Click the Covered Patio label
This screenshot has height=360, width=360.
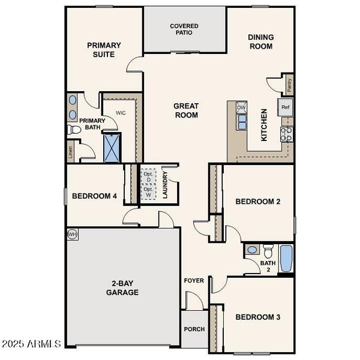click(x=184, y=29)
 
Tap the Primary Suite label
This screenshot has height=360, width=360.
click(x=104, y=49)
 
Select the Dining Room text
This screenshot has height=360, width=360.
click(x=260, y=41)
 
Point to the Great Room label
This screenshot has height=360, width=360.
click(x=186, y=110)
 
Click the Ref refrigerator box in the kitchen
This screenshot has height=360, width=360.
click(x=286, y=107)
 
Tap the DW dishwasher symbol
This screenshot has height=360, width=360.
click(x=241, y=108)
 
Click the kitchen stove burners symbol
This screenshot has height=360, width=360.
click(x=286, y=133)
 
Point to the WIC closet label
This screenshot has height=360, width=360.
click(x=120, y=112)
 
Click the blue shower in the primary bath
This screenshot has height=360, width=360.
click(x=112, y=148)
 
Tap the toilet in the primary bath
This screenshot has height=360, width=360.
click(x=74, y=130)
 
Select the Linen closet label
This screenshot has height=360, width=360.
click(x=71, y=153)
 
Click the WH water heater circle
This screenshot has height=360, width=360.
click(x=73, y=233)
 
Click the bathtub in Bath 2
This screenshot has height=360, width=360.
click(x=286, y=258)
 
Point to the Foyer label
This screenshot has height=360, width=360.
click(x=194, y=280)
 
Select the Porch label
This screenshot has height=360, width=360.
click(x=194, y=329)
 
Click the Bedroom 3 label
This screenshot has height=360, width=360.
click(x=257, y=317)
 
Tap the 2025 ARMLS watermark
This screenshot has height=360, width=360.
click(x=31, y=344)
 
